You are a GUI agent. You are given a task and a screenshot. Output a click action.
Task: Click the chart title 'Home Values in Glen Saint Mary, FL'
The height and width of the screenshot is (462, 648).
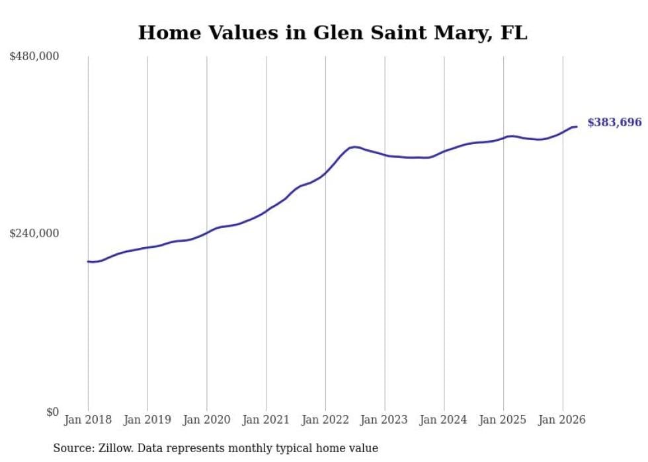tap(332, 32)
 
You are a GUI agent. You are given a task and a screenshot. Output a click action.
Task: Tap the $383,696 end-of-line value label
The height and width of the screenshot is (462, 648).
tap(614, 122)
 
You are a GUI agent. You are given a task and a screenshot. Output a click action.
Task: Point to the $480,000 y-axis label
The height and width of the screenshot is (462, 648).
tap(34, 56)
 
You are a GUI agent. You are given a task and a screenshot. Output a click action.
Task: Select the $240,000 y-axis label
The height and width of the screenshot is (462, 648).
tap(34, 233)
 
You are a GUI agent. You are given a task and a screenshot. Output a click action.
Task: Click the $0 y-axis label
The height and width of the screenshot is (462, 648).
tap(52, 412)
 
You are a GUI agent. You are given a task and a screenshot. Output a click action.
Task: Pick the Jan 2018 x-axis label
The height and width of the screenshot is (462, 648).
tap(88, 420)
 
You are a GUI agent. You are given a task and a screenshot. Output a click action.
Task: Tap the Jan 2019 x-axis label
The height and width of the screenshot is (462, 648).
tap(147, 420)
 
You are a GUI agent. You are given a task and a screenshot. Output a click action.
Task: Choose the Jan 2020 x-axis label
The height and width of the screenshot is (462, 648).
tap(206, 420)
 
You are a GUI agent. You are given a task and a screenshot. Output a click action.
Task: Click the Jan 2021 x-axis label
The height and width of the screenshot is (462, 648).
tap(266, 420)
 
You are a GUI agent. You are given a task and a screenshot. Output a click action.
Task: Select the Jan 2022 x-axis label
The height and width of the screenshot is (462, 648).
tap(325, 420)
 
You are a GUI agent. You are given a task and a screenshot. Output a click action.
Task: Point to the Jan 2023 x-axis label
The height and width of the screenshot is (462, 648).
tap(385, 420)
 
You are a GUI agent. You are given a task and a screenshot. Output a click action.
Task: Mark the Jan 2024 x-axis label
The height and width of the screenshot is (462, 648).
tap(444, 420)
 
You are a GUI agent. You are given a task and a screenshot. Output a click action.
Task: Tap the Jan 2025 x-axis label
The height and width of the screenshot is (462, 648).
tap(503, 420)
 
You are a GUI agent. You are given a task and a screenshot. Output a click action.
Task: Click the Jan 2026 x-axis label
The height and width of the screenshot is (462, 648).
tap(563, 420)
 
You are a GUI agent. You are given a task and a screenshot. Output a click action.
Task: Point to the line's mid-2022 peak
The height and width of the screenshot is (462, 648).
tap(354, 147)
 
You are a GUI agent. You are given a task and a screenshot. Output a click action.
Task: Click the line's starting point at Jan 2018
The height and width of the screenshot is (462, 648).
tap(88, 262)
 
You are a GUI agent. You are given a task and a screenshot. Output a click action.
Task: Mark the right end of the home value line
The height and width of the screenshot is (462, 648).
tap(577, 126)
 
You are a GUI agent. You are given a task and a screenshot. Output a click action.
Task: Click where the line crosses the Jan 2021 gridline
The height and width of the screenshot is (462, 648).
tap(266, 211)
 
